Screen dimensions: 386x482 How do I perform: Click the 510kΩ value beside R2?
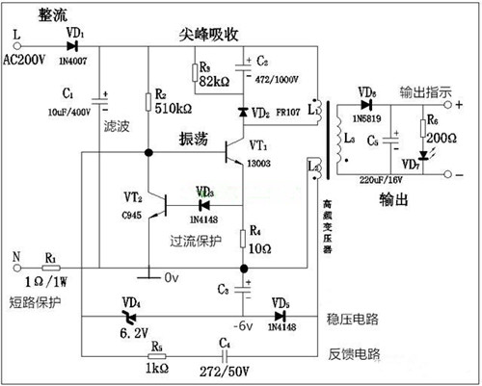174,109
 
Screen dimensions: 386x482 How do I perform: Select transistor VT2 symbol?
164,205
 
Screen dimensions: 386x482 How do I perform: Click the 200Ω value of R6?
444,138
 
